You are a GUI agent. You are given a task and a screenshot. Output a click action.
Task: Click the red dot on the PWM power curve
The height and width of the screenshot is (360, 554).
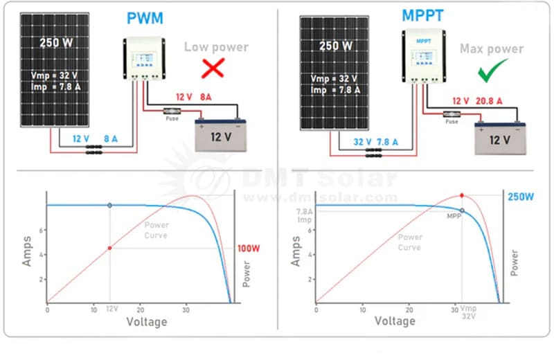coord(109,248)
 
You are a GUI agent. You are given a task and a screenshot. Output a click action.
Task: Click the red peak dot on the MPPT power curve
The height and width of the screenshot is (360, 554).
coord(462,196)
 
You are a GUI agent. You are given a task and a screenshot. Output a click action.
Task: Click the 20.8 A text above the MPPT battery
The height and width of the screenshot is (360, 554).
coord(489,101)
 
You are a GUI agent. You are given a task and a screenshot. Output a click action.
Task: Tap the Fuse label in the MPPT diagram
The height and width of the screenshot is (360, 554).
coord(452,122)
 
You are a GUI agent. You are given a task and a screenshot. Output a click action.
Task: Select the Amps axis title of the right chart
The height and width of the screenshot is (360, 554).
coord(296,251)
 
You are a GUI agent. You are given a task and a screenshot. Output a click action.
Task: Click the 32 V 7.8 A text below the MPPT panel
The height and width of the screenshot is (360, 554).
coord(375,142)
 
